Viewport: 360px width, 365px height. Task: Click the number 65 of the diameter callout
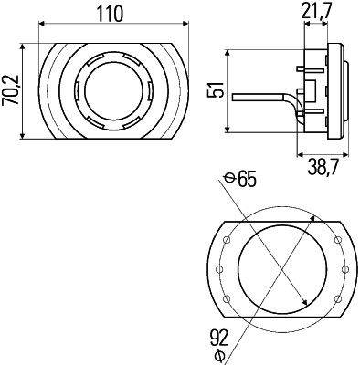pos(245,178)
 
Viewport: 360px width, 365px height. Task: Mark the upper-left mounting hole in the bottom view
pos(224,239)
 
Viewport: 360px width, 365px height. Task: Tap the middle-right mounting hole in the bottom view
pos(343,270)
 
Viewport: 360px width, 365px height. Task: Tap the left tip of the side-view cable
pos(235,97)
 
